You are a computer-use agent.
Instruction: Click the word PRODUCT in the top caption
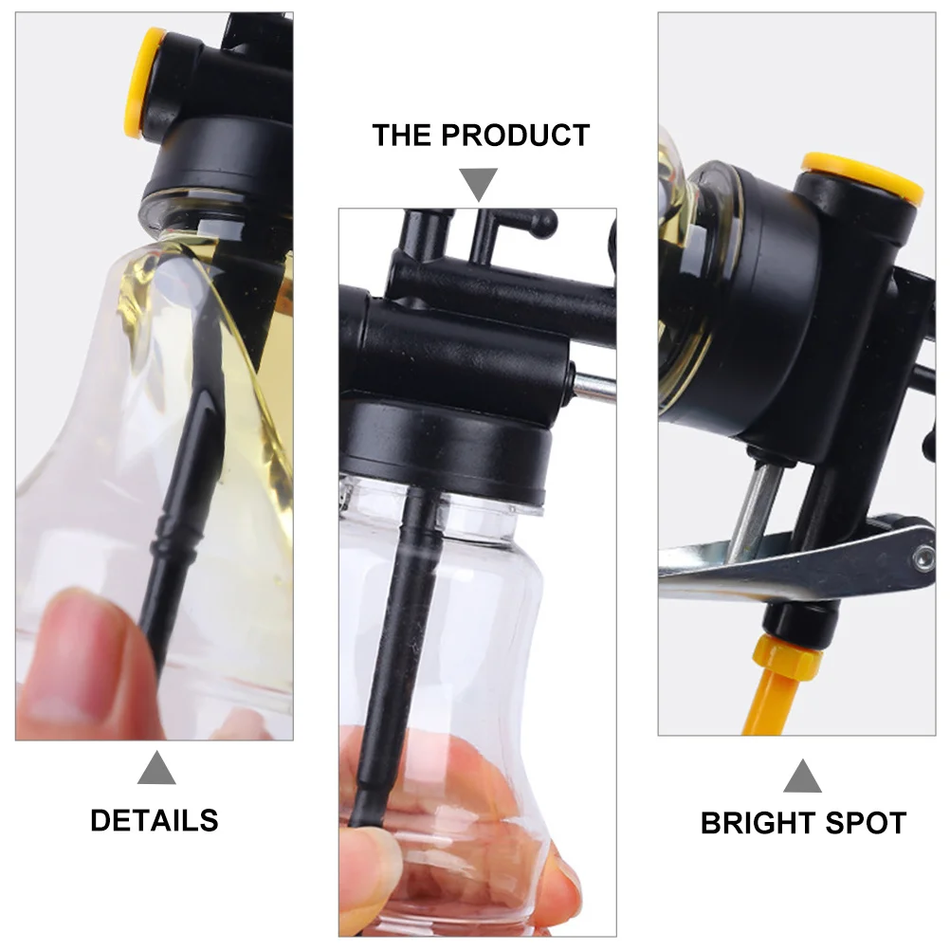coord(516,135)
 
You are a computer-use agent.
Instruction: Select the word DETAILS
coord(154,820)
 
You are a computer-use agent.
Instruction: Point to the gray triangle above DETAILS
coord(156,768)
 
